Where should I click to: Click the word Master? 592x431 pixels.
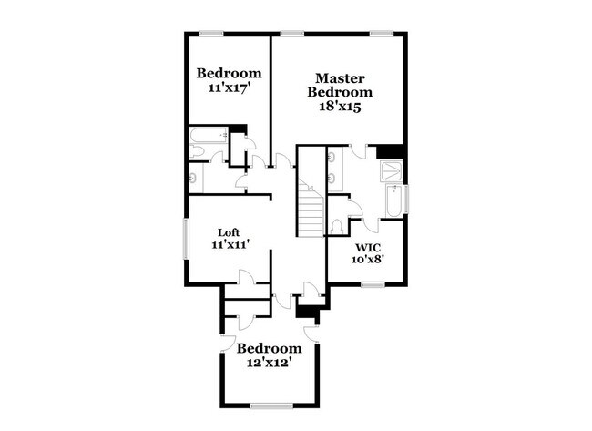340,78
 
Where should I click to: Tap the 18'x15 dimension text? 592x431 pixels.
340,107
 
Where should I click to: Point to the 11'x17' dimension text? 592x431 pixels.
229,88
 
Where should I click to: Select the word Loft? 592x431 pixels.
229,231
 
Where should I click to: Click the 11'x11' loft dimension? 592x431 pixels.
230,244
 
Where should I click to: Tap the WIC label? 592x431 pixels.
367,247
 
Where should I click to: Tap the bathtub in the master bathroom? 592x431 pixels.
393,202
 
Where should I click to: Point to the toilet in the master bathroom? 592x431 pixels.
337,224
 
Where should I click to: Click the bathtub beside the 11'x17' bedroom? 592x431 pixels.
206,139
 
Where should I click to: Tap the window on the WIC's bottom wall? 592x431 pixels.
372,284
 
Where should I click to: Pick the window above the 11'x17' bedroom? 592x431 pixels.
211,35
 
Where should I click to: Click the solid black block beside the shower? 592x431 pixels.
390,150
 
